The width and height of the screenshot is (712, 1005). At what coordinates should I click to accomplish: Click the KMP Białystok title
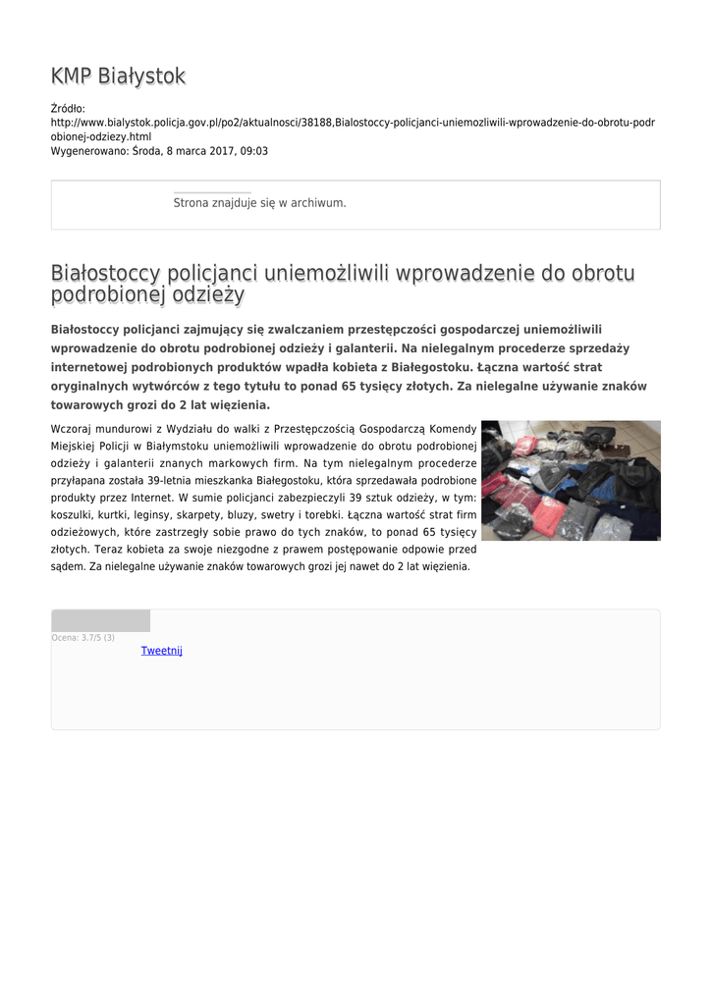click(118, 77)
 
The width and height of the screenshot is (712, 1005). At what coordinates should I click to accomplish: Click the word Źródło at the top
click(68, 108)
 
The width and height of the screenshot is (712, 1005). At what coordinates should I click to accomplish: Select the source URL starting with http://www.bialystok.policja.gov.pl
click(353, 123)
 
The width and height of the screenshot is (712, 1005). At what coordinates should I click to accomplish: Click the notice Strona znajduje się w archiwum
click(259, 203)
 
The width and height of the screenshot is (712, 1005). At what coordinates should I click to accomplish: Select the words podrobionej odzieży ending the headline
click(147, 295)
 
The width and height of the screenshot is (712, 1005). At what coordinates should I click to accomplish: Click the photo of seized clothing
click(571, 480)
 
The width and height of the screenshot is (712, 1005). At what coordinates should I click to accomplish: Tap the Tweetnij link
click(162, 651)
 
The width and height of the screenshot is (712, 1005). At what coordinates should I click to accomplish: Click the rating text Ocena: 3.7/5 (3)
click(83, 638)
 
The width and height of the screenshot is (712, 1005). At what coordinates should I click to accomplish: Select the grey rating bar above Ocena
click(100, 620)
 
